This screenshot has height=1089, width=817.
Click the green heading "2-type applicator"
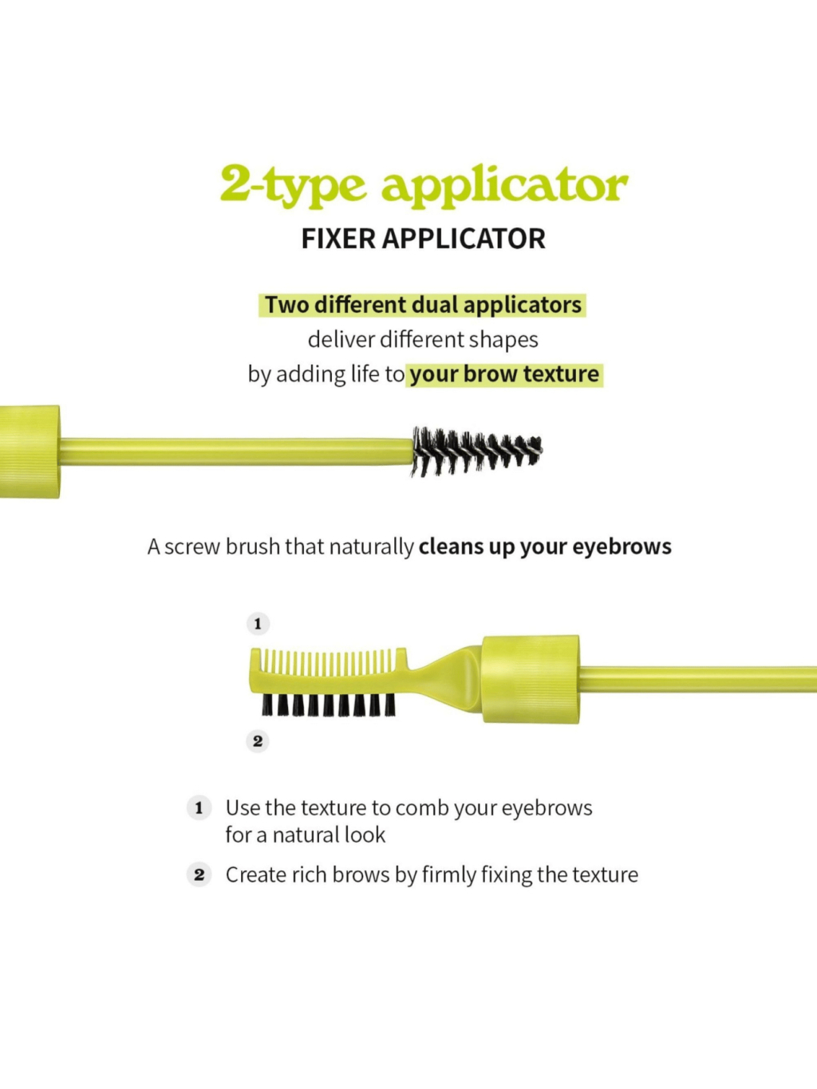pos(424,185)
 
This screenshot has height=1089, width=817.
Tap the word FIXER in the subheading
pos(337,239)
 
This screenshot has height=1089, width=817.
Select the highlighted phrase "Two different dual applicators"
pos(423,305)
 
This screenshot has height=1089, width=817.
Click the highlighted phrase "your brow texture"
pos(504,374)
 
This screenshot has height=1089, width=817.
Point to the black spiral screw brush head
pos(477,452)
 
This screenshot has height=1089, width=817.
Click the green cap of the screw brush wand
pos(30,452)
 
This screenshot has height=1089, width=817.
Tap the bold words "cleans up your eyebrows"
pos(545,546)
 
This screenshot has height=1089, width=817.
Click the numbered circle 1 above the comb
pos(257,623)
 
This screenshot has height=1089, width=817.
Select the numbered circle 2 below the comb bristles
pos(257,741)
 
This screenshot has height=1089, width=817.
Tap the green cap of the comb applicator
pos(531,679)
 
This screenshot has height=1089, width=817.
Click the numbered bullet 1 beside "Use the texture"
pos(199,807)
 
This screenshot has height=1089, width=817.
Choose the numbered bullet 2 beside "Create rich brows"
pos(199,874)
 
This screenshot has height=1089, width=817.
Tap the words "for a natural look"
pos(306,835)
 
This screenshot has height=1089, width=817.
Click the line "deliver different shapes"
pos(423,340)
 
